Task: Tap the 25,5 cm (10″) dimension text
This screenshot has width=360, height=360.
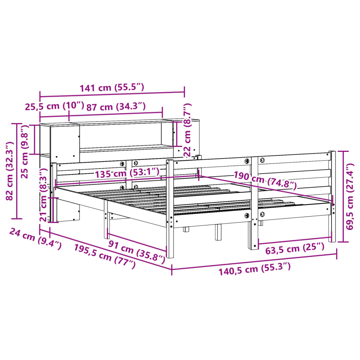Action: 54,106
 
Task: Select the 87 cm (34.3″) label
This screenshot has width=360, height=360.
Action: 116,106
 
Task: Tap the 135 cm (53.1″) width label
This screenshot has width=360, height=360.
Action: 126,172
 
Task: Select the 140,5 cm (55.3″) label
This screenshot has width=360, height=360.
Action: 255,269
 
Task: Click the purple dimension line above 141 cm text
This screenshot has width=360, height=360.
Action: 112,95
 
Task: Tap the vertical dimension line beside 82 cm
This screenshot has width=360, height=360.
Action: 17,171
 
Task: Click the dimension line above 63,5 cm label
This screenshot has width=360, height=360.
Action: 295,240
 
